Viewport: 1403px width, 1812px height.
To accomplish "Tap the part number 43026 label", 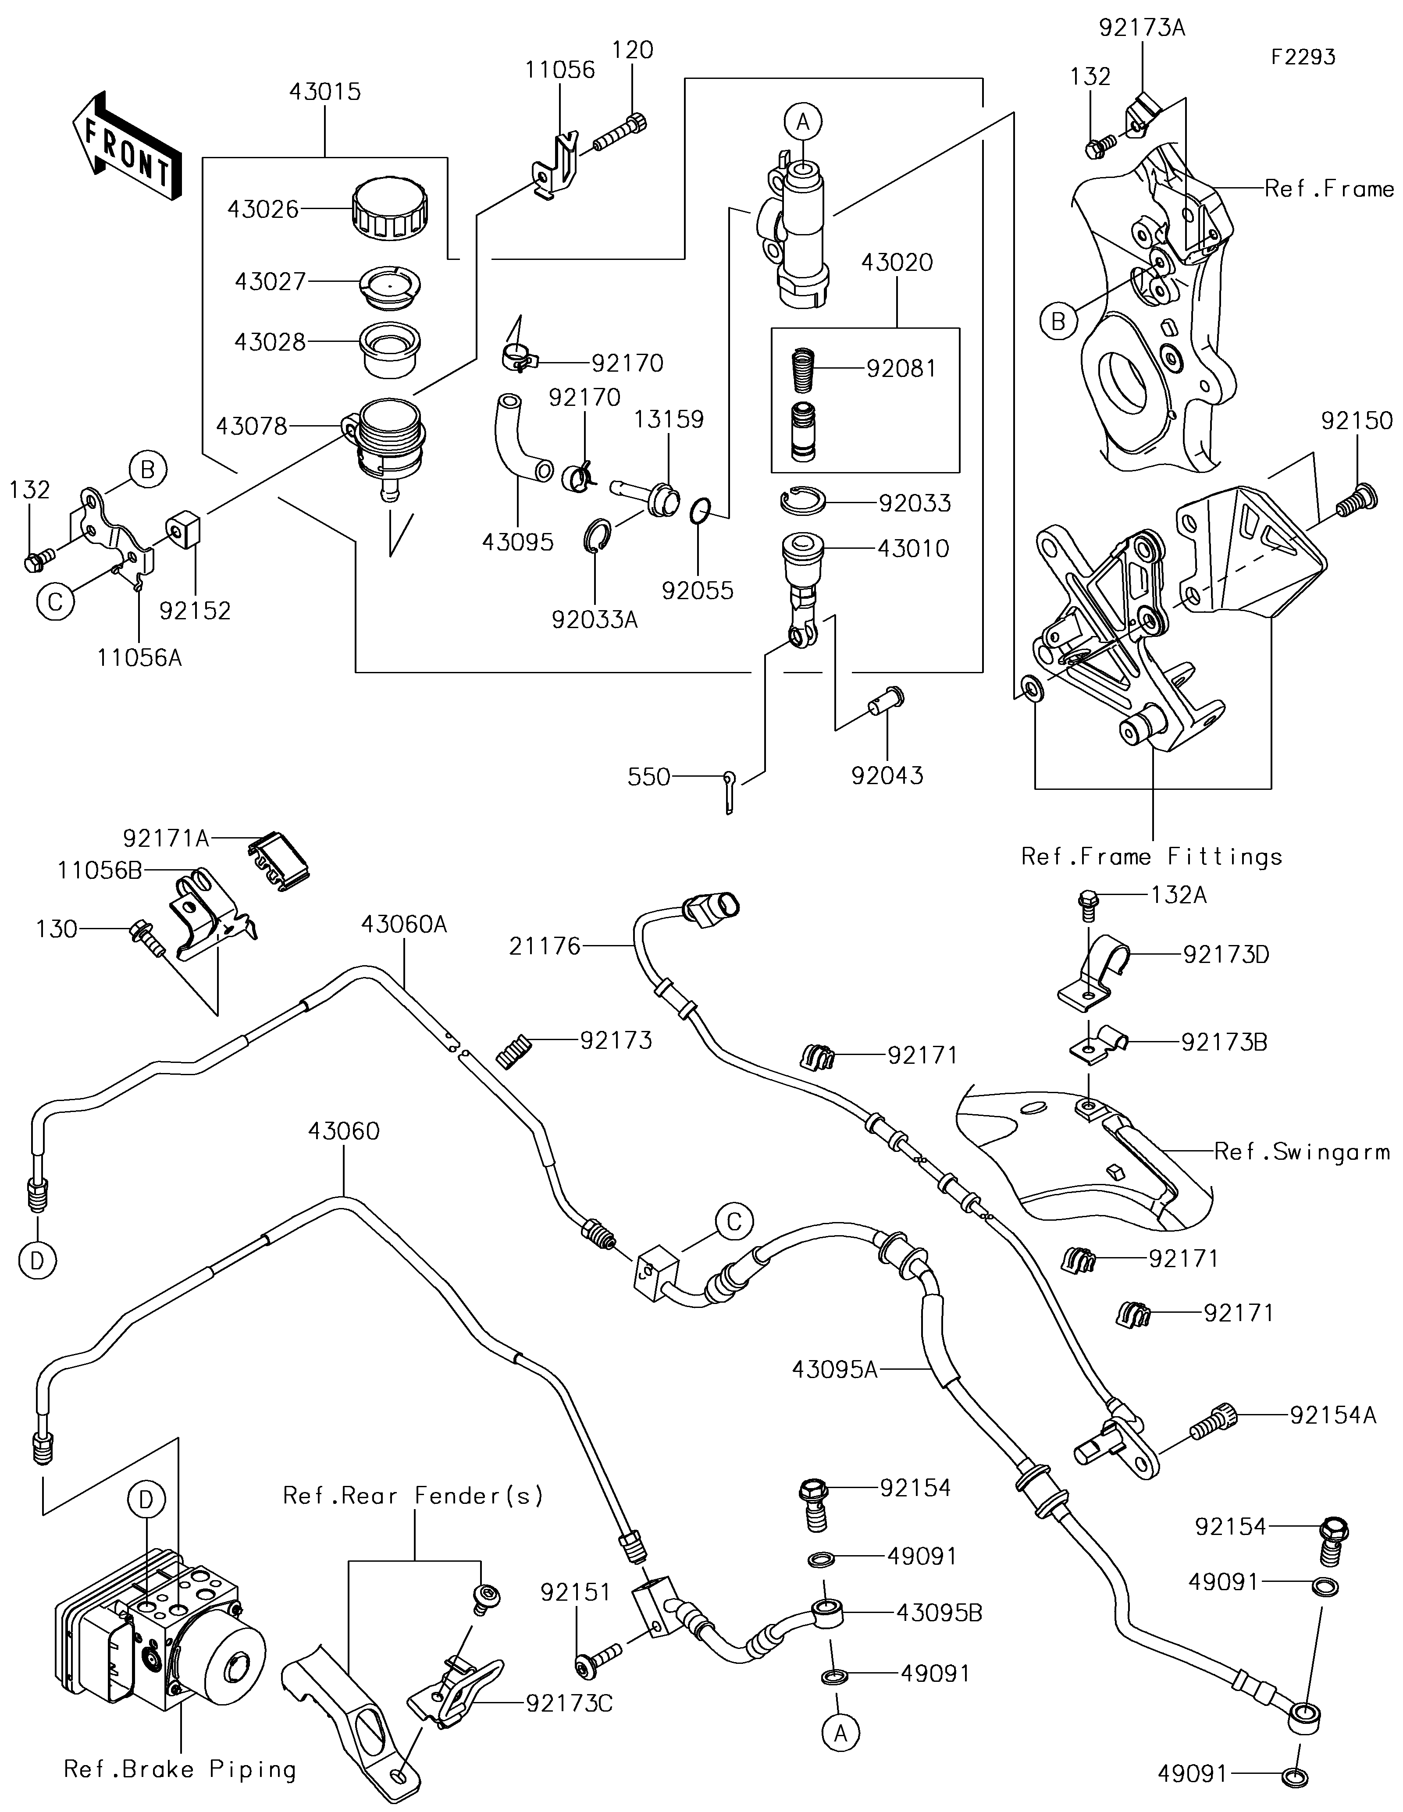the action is [263, 209].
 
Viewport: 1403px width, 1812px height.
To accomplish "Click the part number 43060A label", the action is [404, 924].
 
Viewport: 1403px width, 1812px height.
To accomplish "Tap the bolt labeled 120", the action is [620, 133].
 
